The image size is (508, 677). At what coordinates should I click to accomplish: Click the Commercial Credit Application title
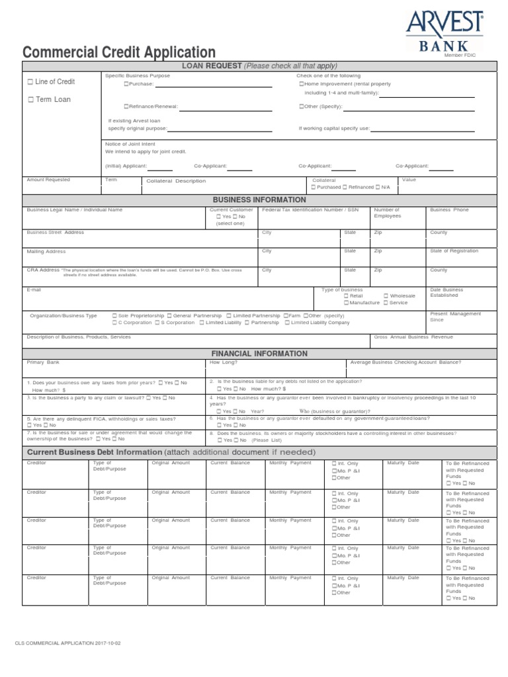[119, 52]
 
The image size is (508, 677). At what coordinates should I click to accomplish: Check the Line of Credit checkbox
[30, 82]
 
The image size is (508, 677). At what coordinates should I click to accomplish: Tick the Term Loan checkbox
[30, 100]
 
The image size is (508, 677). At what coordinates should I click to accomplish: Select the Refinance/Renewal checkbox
[126, 106]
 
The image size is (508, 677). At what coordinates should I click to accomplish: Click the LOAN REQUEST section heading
[259, 65]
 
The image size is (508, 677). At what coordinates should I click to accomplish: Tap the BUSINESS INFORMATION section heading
[259, 200]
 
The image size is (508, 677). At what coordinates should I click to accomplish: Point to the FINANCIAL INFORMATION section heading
[259, 354]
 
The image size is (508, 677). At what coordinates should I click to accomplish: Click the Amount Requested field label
[48, 180]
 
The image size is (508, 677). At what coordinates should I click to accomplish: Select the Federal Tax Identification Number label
[310, 210]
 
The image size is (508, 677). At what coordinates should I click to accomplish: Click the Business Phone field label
[449, 210]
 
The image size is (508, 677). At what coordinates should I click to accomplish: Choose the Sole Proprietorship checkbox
[115, 316]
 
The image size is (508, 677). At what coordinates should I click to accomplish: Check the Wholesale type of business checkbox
[386, 296]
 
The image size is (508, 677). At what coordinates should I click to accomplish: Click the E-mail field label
[34, 290]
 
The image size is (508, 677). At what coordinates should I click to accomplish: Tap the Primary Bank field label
[43, 362]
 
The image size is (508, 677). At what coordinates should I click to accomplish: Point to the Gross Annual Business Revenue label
[413, 337]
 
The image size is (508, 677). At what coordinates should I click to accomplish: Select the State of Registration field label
[455, 251]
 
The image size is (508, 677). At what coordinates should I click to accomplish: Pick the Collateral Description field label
[176, 180]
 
